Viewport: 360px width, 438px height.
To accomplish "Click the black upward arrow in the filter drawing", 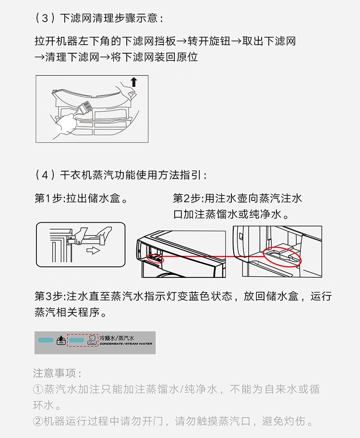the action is [x=134, y=82].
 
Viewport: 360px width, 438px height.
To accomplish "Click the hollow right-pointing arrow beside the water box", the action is [x=93, y=250].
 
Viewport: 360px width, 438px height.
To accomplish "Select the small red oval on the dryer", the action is [x=155, y=258].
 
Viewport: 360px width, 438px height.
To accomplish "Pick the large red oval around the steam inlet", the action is [x=282, y=257].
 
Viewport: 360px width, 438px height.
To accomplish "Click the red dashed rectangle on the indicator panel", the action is [x=83, y=340].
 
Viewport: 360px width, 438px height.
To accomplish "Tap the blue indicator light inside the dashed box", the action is [x=77, y=340].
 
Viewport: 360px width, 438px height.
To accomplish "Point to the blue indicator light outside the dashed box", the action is [x=46, y=340].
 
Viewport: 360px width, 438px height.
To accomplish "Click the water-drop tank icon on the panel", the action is [x=61, y=340].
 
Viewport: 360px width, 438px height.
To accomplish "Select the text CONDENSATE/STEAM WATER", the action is [x=126, y=343].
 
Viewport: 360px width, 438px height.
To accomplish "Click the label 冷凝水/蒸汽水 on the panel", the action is [x=117, y=338].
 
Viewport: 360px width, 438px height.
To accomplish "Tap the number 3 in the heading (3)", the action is [x=45, y=18].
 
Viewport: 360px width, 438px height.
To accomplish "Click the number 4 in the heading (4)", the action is [x=45, y=175].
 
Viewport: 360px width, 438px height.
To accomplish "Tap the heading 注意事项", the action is [x=55, y=373].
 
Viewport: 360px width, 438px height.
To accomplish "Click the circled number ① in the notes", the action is [x=38, y=389].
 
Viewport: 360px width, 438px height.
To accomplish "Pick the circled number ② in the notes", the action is [x=38, y=421].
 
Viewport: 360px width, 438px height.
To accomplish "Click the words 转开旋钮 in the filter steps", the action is [x=209, y=41].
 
